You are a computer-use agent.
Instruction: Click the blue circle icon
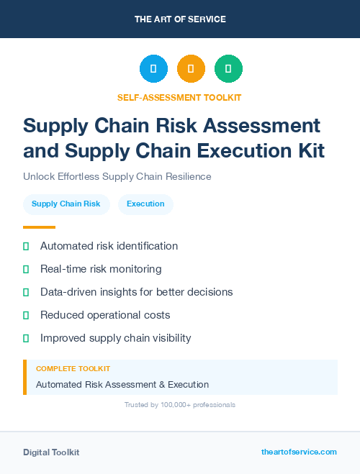pyautogui.click(x=153, y=69)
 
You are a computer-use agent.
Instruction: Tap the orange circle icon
pyautogui.click(x=191, y=69)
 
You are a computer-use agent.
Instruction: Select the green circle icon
pyautogui.click(x=228, y=69)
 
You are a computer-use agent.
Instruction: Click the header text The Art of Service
pyautogui.click(x=180, y=19)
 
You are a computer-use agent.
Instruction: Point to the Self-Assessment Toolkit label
pyautogui.click(x=180, y=97)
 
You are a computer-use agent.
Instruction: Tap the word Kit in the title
pyautogui.click(x=309, y=151)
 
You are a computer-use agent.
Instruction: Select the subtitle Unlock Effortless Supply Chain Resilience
pyautogui.click(x=117, y=176)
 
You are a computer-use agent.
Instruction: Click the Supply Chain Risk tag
pyautogui.click(x=66, y=204)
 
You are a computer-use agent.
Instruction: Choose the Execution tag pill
pyautogui.click(x=145, y=204)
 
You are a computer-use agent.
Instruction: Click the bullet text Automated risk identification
pyautogui.click(x=109, y=246)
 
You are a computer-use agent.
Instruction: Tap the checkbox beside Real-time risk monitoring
pyautogui.click(x=26, y=269)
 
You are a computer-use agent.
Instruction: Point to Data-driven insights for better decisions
pyautogui.click(x=136, y=292)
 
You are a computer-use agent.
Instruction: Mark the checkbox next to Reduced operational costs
pyautogui.click(x=26, y=315)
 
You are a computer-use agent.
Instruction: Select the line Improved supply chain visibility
pyautogui.click(x=115, y=338)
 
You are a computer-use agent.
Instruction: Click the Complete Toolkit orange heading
pyautogui.click(x=73, y=369)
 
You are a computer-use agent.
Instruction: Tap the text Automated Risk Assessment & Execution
pyautogui.click(x=122, y=385)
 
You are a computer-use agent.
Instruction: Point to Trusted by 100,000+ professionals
pyautogui.click(x=180, y=405)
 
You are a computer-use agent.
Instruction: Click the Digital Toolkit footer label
pyautogui.click(x=51, y=452)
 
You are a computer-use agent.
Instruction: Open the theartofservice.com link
pyautogui.click(x=299, y=452)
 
